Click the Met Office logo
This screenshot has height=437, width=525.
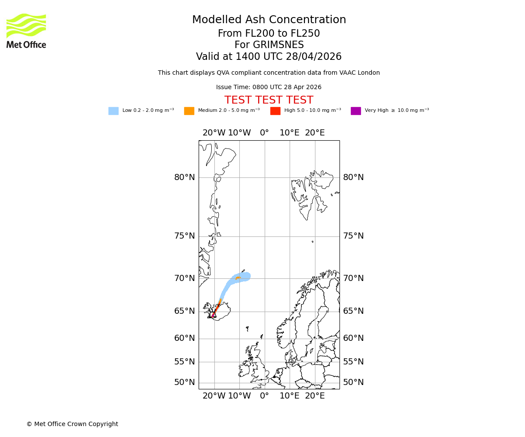coord(26,31)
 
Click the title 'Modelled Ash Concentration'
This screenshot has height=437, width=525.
coord(269,20)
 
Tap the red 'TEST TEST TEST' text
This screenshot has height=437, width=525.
coord(269,100)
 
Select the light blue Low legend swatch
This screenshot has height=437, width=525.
coord(113,111)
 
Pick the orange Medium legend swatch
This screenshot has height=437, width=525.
coord(189,111)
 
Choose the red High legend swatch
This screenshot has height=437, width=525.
coord(275,111)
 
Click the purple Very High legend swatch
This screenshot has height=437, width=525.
coord(356,111)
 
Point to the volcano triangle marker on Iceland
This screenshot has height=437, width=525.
coord(213,314)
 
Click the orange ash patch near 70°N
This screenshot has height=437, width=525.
coord(238,278)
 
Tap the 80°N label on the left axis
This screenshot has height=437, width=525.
coord(185,177)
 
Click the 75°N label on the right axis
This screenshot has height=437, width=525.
coord(353,236)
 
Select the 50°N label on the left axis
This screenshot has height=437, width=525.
coord(185,382)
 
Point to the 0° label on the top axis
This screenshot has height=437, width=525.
coord(264,133)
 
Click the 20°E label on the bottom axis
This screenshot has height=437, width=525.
coord(315,396)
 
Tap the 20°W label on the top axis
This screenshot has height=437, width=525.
coord(214,133)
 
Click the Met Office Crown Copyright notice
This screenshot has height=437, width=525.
coord(72,424)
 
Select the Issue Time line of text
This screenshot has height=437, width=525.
coord(269,87)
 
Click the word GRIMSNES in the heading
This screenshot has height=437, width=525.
coord(269,45)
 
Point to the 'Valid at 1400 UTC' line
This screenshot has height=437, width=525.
coord(269,57)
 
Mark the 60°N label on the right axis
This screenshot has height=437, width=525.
coord(353,338)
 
